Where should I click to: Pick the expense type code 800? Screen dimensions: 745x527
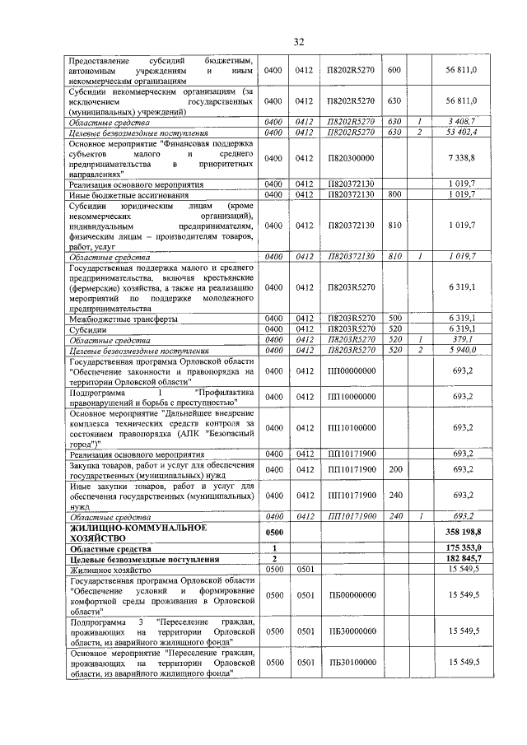(393, 194)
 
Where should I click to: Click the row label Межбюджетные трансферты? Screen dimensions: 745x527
(112, 318)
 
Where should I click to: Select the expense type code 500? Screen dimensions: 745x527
(393, 318)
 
